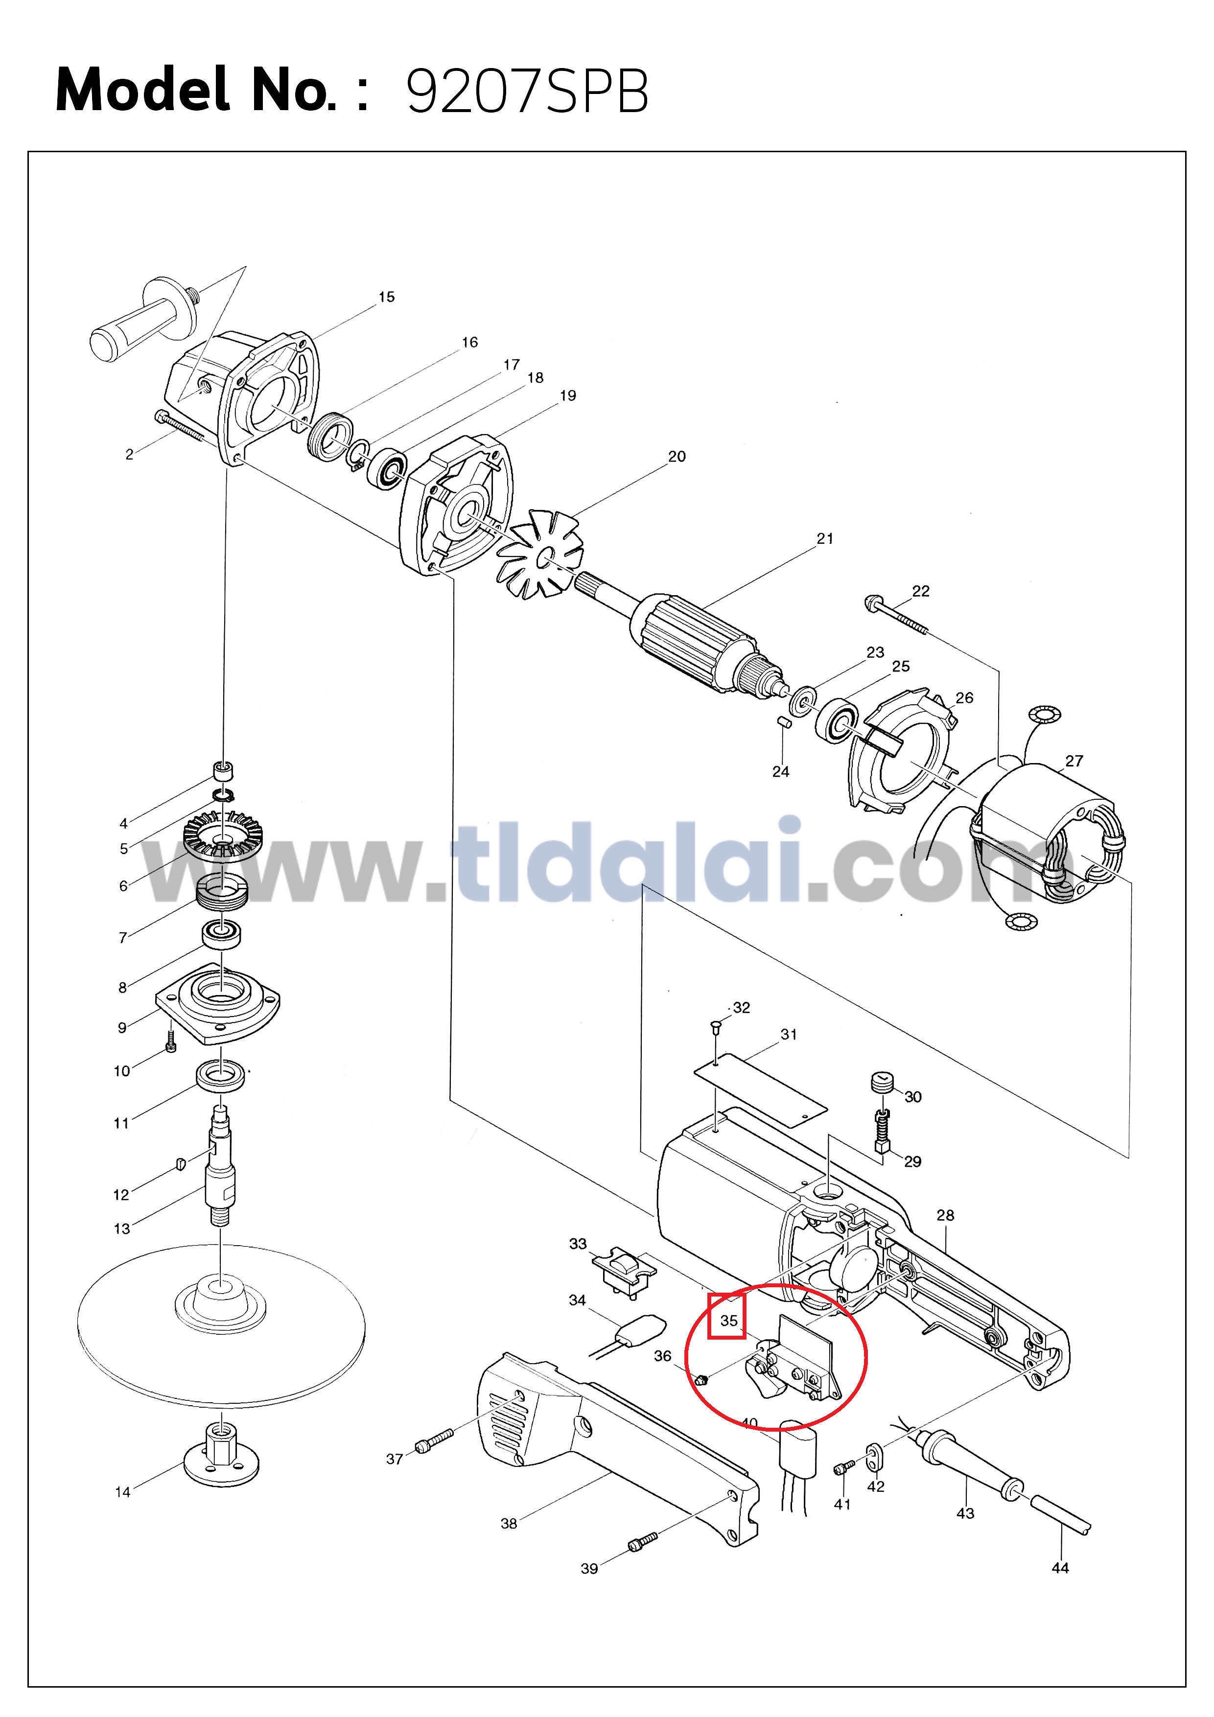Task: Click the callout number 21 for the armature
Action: [x=824, y=538]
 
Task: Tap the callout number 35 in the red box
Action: [x=728, y=1320]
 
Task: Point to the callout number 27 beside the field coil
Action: [x=1074, y=761]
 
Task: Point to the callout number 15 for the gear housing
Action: [x=386, y=297]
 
